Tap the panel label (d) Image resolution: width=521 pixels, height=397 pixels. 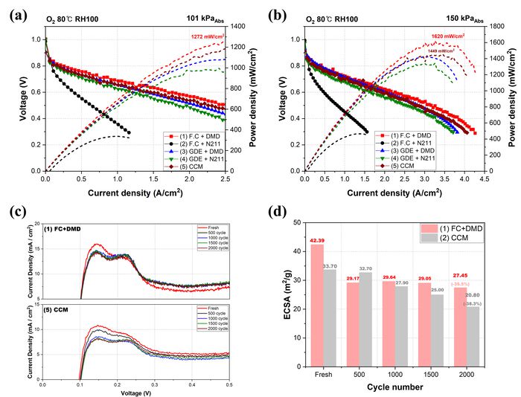pyautogui.click(x=279, y=210)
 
